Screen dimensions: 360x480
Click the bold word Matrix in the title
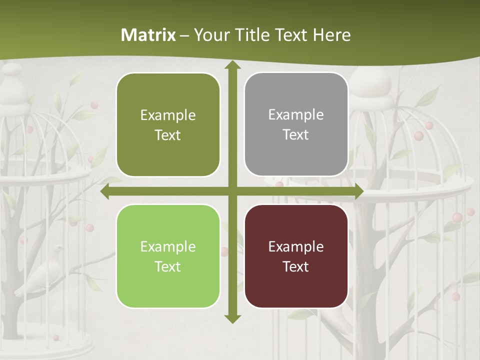[x=148, y=35]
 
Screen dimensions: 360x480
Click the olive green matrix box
[x=168, y=125]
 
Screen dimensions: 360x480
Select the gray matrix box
[x=296, y=124]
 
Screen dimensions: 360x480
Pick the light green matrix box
[x=168, y=256]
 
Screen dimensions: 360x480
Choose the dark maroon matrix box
[x=296, y=256]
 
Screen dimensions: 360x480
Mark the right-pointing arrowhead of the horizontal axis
[x=358, y=191]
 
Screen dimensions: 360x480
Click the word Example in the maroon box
[x=296, y=246]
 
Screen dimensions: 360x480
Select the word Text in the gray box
[x=296, y=135]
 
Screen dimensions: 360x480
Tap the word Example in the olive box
[x=168, y=115]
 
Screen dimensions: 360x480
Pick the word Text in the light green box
[x=168, y=266]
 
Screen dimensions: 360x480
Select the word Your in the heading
[x=209, y=35]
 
